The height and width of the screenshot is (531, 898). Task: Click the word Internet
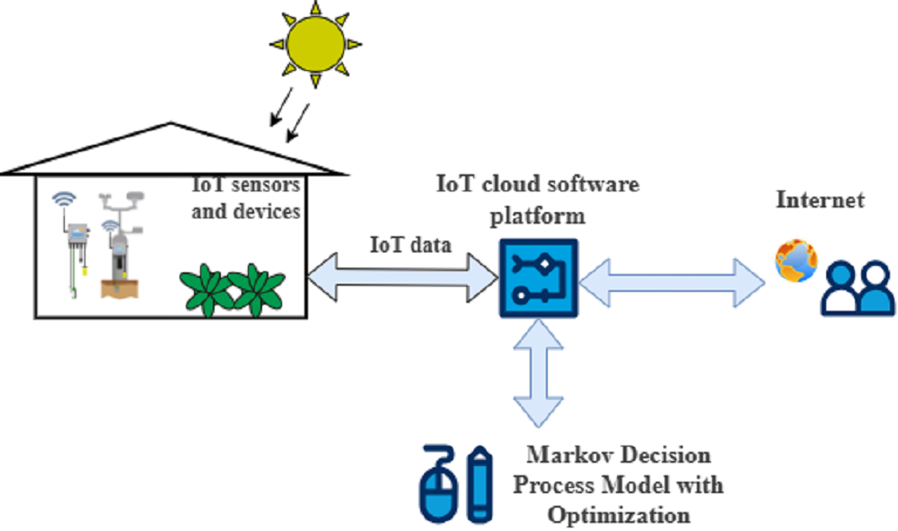(x=820, y=199)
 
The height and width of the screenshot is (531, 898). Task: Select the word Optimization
(x=619, y=515)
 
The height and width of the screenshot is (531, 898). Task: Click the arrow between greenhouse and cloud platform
(x=402, y=276)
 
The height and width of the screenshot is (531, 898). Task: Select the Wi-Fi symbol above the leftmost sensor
(x=64, y=198)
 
